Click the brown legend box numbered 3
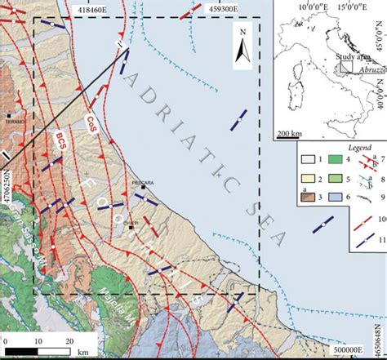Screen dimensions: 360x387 coord(304,197)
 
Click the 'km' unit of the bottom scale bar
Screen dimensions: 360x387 coord(83,352)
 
